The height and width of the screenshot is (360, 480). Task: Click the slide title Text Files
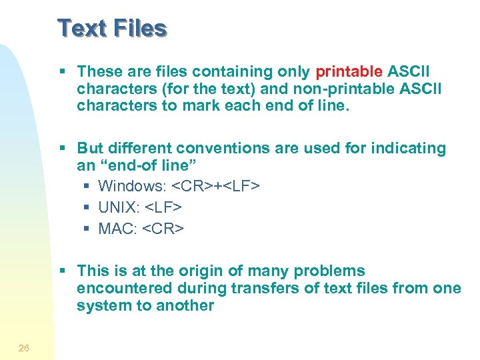112,29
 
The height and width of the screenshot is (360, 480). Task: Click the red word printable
349,71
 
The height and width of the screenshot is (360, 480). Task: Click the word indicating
405,148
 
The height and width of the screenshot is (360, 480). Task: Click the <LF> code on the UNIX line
163,207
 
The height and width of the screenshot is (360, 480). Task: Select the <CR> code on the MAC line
163,229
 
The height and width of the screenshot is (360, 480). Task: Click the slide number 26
24,348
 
